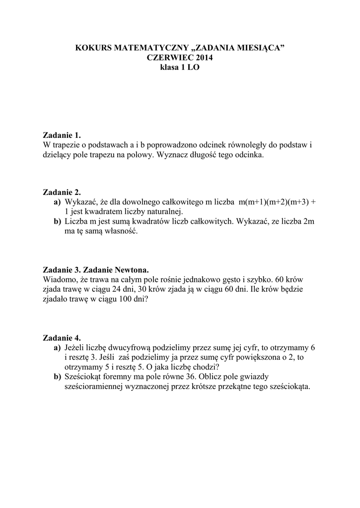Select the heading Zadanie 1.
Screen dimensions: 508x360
62,135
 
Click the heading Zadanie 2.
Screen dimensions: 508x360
62,192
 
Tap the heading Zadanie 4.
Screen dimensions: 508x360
62,337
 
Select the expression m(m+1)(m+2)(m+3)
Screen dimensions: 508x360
274,202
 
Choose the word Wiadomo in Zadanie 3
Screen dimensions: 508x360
61,280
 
